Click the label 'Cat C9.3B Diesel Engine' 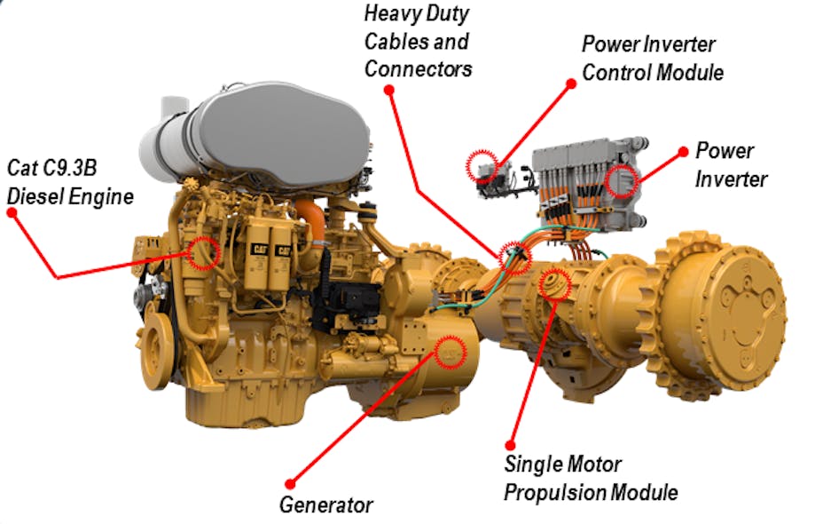tap(70, 181)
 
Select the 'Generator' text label tap(325, 504)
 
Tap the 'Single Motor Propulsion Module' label tap(591, 478)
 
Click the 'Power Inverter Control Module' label tap(652, 58)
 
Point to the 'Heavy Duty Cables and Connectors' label tap(418, 41)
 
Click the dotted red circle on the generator tap(452, 353)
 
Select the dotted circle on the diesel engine tap(203, 253)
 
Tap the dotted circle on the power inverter tap(620, 180)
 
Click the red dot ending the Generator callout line tap(287, 482)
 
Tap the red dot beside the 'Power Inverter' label tap(682, 151)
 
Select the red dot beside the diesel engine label tap(12, 215)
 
